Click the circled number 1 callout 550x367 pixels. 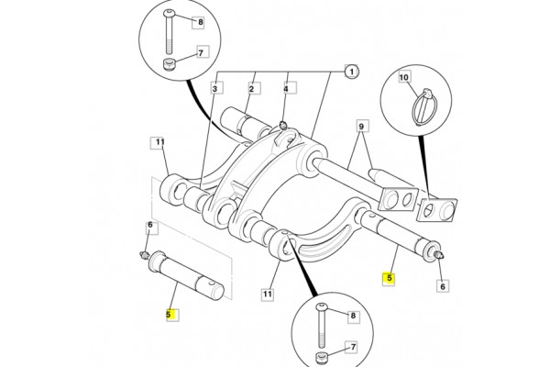[x=349, y=71]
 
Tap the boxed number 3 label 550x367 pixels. [x=216, y=89]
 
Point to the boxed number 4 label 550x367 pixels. [x=286, y=89]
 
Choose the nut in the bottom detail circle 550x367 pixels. [x=323, y=357]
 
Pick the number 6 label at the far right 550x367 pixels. [x=443, y=286]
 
